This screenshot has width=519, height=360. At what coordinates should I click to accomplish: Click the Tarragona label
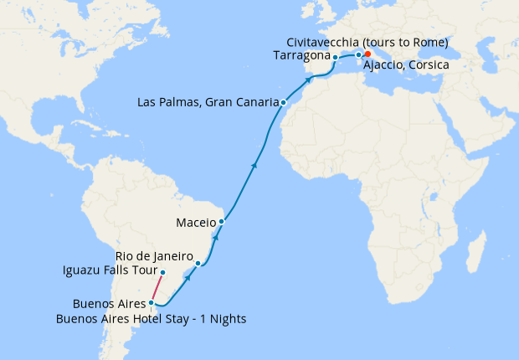[302, 56]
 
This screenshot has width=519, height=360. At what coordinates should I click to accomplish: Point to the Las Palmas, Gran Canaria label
[208, 103]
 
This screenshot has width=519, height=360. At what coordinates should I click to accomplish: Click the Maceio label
[197, 223]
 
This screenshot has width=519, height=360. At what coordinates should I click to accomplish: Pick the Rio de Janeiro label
[154, 256]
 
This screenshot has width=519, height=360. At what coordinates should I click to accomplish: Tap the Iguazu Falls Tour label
[109, 270]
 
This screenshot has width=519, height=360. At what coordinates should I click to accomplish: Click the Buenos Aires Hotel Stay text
[151, 318]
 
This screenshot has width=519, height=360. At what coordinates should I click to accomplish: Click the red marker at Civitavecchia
[367, 54]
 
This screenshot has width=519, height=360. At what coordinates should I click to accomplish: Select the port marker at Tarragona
[335, 58]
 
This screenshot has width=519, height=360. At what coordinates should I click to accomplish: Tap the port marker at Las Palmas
[284, 103]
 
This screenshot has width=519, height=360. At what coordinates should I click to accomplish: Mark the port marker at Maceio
[221, 222]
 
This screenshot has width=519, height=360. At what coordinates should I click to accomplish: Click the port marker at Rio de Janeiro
[198, 264]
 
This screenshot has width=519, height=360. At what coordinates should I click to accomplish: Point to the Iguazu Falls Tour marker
[162, 273]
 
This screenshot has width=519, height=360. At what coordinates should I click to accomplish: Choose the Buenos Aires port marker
[151, 303]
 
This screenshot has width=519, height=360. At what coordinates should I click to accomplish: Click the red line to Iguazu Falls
[157, 288]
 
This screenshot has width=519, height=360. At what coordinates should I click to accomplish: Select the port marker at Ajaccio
[358, 55]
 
